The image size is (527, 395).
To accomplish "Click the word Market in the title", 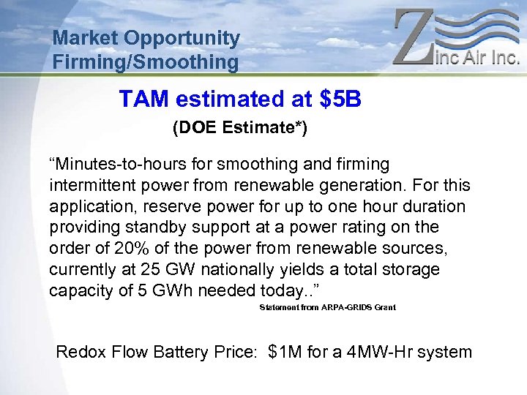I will pos(86,38).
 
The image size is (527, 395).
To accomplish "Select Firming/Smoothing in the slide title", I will pos(146,62).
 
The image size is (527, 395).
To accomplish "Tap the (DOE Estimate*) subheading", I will pos(240,128).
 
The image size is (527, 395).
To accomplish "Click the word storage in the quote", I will pos(410,269).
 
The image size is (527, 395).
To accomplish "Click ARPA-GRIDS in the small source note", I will pos(337,308).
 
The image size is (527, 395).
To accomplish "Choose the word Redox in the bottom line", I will pos(81,352).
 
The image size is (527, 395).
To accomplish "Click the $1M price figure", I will pos(285,352).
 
